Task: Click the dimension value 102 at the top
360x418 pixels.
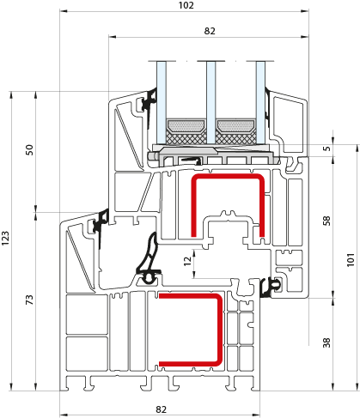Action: click(x=186, y=5)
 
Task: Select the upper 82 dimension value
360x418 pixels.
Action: click(x=210, y=31)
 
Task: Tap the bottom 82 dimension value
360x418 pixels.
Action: click(x=161, y=409)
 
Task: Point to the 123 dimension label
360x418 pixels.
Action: click(x=5, y=238)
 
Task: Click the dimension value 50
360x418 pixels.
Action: click(x=29, y=150)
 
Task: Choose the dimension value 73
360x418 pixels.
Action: click(x=29, y=300)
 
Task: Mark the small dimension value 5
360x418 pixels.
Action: click(x=326, y=148)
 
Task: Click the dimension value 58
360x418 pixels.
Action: click(x=326, y=221)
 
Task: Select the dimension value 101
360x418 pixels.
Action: click(x=351, y=260)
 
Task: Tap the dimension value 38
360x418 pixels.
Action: click(x=326, y=342)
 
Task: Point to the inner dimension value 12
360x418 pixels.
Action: click(x=187, y=261)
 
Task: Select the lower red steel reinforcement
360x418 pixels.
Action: click(x=220, y=329)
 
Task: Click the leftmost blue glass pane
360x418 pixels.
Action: click(x=162, y=103)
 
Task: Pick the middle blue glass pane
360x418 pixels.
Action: click(x=211, y=103)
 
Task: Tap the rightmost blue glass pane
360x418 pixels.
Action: click(x=260, y=103)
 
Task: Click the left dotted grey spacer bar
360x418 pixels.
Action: click(x=186, y=126)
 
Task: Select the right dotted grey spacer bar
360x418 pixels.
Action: click(x=236, y=126)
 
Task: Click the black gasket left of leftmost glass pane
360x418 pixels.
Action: click(x=149, y=105)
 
